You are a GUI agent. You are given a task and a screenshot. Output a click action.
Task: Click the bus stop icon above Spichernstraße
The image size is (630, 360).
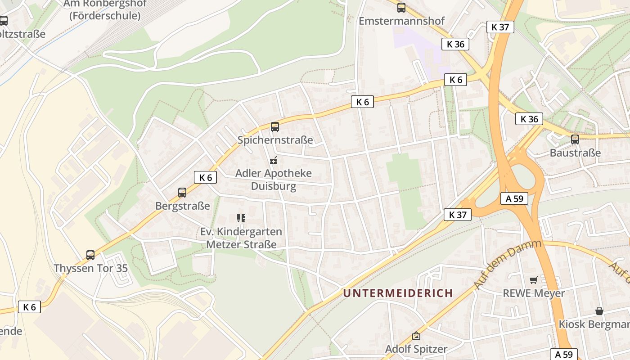pos(275,127)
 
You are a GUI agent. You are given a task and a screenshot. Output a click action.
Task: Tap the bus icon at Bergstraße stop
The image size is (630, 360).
pos(182,193)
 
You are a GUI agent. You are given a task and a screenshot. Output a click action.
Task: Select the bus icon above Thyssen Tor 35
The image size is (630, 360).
pos(90,255)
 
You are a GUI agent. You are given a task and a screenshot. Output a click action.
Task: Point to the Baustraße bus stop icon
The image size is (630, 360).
pos(575,139)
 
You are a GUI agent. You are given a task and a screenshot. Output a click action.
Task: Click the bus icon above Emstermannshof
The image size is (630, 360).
pos(401,7)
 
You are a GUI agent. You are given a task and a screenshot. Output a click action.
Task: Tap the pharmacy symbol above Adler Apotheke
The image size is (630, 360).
pos(273,160)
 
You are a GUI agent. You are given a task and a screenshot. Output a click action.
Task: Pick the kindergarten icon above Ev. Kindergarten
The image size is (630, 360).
pos(241,218)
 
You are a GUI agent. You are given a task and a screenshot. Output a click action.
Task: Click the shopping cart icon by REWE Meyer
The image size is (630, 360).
pos(534,280)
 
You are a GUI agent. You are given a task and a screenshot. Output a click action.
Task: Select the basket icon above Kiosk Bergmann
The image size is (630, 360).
pos(599,311)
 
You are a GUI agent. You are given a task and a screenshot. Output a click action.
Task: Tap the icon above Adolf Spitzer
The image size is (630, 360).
pos(416,336)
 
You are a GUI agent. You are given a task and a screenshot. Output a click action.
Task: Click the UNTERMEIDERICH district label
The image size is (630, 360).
pos(398,293)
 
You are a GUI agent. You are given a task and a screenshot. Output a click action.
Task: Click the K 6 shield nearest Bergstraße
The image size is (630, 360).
pos(205,177)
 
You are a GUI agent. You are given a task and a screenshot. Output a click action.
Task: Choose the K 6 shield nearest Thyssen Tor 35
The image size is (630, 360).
pos(29,307)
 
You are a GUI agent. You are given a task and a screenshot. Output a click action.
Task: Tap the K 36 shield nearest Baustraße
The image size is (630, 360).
pos(529,119)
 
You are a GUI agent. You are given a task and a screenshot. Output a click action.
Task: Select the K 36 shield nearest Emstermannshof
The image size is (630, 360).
pos(455,44)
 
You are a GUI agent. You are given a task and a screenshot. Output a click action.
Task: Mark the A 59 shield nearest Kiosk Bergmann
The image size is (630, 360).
pos(563,354)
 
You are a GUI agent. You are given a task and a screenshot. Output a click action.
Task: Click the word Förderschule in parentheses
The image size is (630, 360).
pos(105,16)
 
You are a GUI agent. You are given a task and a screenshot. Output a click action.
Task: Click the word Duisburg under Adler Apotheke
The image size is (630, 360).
pos(274,186)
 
